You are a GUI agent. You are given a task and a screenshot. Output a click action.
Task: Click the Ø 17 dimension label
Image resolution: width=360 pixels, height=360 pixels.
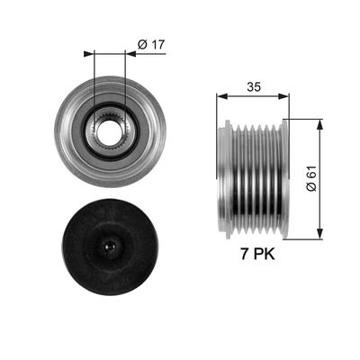[151, 45]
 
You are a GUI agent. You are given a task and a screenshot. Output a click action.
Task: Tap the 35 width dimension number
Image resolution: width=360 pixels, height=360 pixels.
[254, 87]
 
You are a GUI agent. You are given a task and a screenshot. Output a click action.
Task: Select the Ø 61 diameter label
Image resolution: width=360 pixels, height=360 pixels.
[311, 178]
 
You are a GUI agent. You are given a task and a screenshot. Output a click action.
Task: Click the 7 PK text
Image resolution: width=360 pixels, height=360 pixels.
[257, 255]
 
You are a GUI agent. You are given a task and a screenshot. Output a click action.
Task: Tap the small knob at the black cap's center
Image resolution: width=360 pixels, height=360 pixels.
[110, 247]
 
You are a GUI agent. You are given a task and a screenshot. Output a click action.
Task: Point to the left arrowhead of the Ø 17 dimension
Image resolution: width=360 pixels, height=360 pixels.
[89, 54]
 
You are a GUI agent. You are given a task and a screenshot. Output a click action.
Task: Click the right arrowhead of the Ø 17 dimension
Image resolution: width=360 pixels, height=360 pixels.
[130, 54]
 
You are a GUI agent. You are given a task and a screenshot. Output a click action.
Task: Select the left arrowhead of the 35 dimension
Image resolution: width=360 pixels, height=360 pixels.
[221, 96]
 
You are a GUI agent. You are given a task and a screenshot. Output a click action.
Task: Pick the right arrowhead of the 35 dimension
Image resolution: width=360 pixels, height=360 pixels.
[283, 96]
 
